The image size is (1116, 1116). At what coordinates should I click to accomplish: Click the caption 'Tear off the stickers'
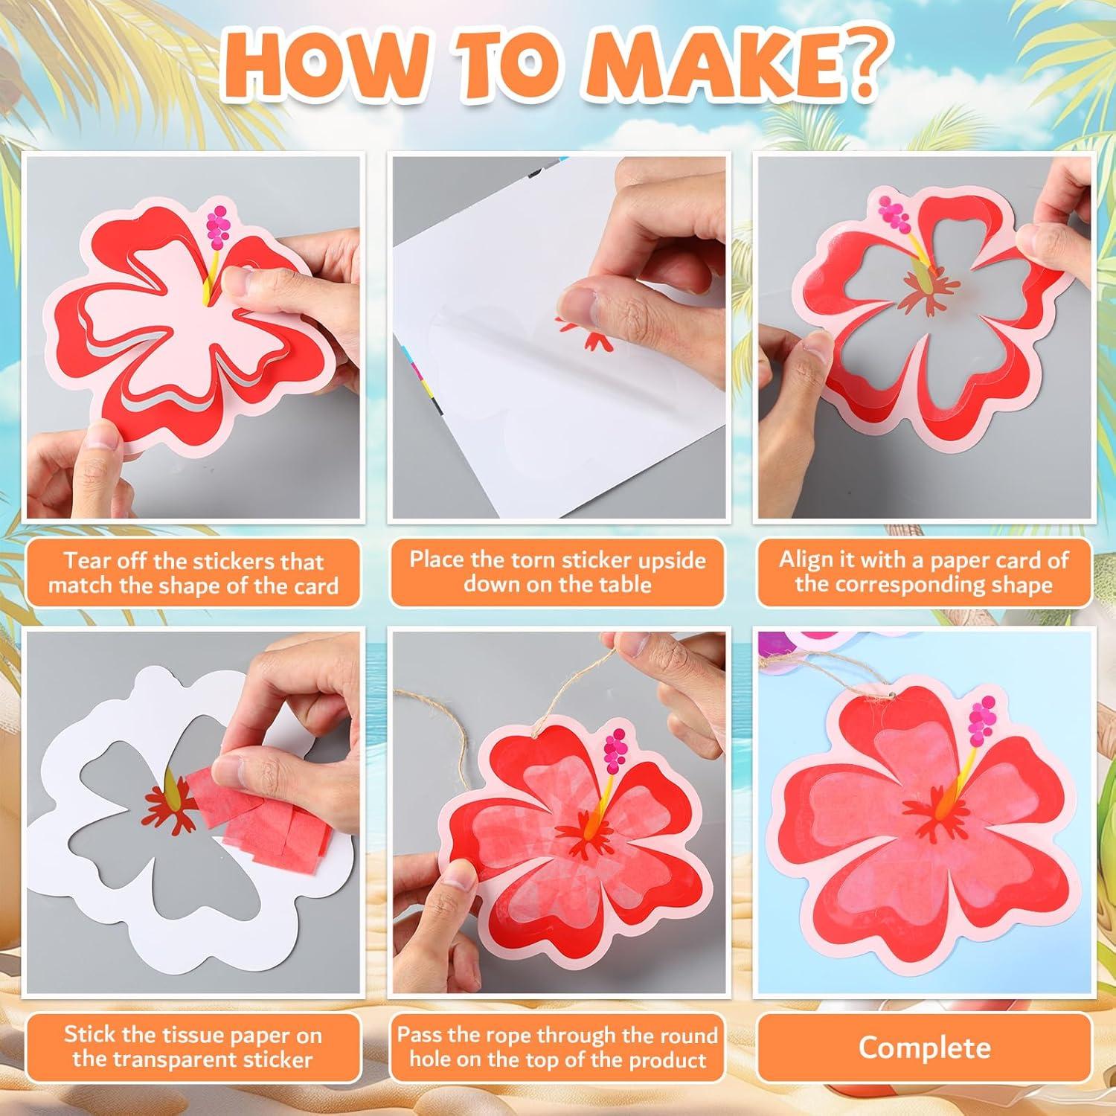pos(193,572)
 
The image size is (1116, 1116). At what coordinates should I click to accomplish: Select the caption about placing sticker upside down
pos(557,571)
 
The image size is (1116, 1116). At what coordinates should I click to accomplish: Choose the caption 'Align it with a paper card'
pos(923,571)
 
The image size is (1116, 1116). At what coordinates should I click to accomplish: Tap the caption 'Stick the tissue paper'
pos(193,1046)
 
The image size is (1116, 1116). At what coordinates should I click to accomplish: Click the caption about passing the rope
pos(557,1046)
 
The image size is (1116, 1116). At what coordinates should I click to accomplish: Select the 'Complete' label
pos(924,1048)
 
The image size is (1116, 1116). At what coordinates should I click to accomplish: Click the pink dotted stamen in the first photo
pos(219,223)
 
